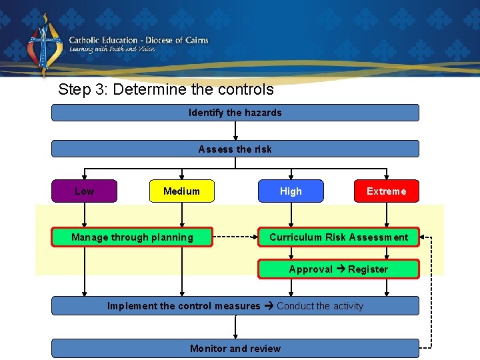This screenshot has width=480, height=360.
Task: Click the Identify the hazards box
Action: (235, 113)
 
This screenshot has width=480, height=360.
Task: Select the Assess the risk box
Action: (235, 149)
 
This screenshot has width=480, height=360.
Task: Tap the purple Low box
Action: (85, 191)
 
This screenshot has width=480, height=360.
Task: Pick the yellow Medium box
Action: (181, 191)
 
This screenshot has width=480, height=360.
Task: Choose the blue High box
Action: (291, 191)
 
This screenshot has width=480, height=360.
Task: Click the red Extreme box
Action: (386, 191)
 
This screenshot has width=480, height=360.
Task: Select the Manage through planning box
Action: (132, 237)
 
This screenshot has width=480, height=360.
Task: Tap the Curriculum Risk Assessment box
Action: (339, 237)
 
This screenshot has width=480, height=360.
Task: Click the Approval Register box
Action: (339, 269)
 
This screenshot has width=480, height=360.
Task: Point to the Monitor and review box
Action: (235, 349)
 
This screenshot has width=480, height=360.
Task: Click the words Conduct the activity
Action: (320, 306)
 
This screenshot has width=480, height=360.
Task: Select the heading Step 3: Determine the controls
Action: (165, 89)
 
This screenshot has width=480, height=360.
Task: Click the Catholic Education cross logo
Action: (44, 45)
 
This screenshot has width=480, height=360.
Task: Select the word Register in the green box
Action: (368, 269)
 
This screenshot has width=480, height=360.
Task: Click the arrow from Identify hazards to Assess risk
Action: (235, 131)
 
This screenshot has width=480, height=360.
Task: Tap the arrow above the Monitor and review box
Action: (235, 327)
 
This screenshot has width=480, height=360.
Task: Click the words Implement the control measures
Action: (184, 306)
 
